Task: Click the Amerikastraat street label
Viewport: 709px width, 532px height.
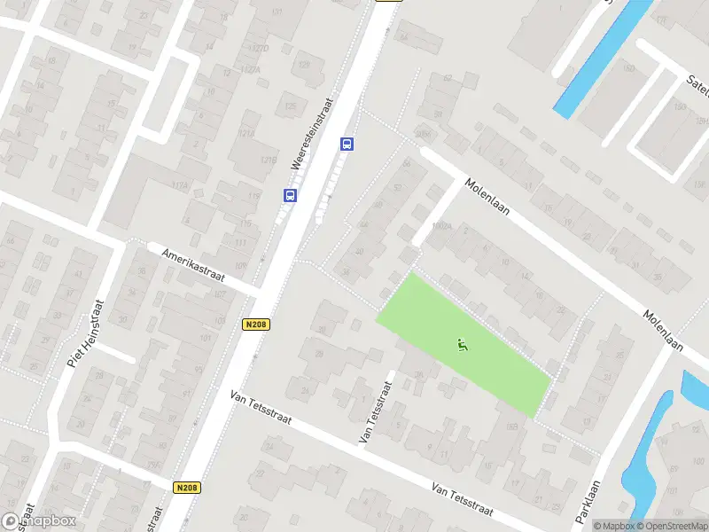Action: [193, 264]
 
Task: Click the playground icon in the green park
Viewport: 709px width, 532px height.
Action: [461, 345]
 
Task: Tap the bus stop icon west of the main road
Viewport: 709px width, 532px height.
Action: [290, 195]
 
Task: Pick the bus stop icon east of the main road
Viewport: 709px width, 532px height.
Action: [347, 144]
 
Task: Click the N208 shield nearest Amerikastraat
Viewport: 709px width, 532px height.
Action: [256, 325]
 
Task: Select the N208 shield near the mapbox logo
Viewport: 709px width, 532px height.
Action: [186, 487]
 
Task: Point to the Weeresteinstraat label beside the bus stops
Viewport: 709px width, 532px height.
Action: [310, 133]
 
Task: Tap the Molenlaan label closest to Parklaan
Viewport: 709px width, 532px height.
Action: [663, 329]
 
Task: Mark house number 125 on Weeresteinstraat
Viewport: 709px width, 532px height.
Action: [290, 107]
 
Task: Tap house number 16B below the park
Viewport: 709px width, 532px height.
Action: [511, 428]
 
